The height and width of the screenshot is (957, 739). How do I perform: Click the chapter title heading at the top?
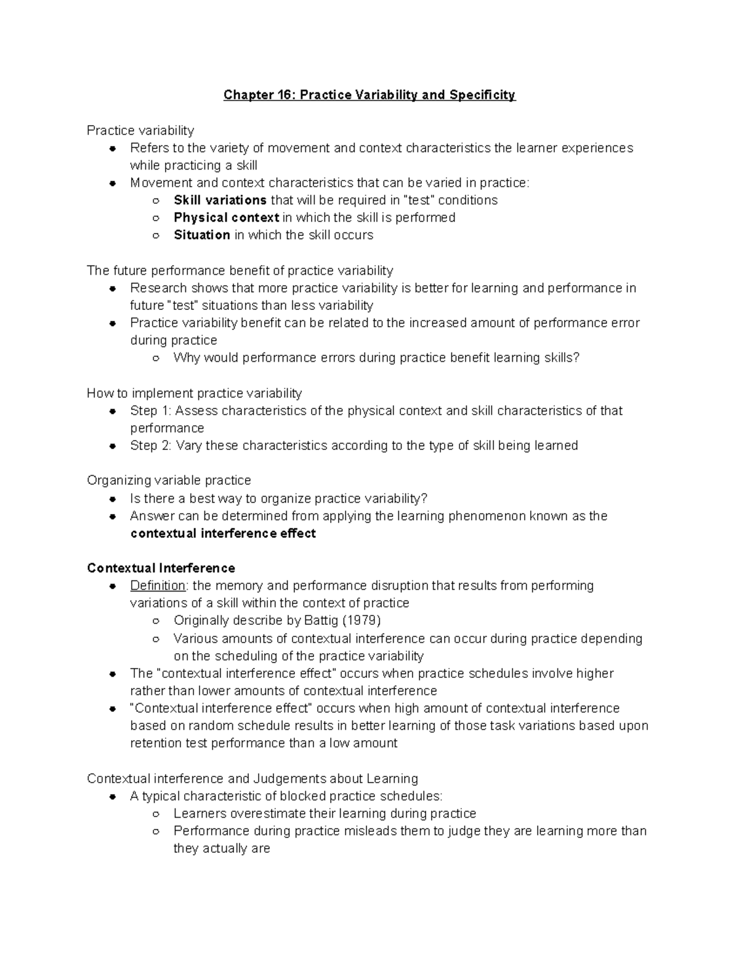pos(369,95)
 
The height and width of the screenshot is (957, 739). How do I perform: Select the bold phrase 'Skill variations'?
pos(220,200)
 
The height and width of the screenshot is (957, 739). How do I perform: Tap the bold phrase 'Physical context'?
pos(226,218)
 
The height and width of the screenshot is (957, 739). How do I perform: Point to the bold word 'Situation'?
pos(201,235)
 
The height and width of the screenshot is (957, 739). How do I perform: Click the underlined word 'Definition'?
pos(158,585)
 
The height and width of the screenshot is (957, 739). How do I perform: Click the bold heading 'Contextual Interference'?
pos(161,568)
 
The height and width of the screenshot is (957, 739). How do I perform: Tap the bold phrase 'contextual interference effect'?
pos(223,534)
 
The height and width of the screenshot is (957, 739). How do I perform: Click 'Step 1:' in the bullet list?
pos(150,410)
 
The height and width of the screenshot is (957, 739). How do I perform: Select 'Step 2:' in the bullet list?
pos(150,446)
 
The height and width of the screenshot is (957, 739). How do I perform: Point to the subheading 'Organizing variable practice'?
pos(169,480)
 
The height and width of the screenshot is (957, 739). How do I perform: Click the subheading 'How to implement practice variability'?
pos(194,393)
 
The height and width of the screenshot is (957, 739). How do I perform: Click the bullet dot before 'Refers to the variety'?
pos(113,149)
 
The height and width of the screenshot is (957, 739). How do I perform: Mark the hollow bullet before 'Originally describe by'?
pos(156,621)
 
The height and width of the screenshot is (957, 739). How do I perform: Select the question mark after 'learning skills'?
pos(576,357)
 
